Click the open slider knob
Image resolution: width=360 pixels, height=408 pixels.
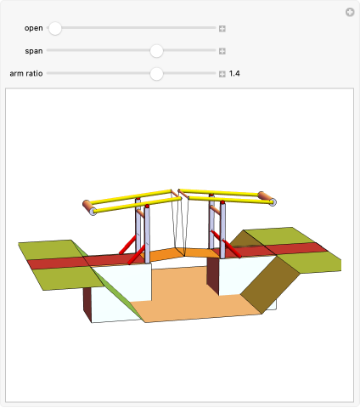pyautogui.click(x=55, y=28)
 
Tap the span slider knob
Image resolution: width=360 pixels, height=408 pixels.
pyautogui.click(x=156, y=51)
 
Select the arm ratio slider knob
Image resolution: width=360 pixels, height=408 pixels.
pyautogui.click(x=156, y=74)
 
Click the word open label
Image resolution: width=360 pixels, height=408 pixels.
pyautogui.click(x=34, y=28)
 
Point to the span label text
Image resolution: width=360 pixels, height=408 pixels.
pyautogui.click(x=34, y=51)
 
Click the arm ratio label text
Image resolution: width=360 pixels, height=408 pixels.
pyautogui.click(x=26, y=74)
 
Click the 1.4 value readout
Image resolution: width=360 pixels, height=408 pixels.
pyautogui.click(x=234, y=74)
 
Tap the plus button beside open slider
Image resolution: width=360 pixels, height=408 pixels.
pyautogui.click(x=222, y=29)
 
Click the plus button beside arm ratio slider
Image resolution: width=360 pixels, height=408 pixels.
pyautogui.click(x=222, y=74)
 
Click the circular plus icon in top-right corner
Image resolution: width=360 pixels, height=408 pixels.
pyautogui.click(x=350, y=12)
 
